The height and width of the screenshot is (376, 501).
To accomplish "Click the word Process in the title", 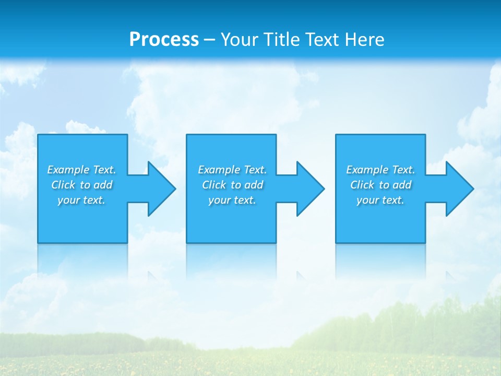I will tap(164, 40).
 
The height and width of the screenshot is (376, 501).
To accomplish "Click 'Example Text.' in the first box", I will tap(81, 170).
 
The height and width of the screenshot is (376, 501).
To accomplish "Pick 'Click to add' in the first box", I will tap(82, 185).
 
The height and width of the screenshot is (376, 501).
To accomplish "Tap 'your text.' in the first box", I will tap(81, 200).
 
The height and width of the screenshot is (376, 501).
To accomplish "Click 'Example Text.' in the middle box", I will tap(232, 170).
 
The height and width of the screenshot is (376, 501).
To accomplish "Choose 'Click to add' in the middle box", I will tap(233, 185).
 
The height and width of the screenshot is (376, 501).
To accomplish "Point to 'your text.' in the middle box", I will tap(232, 200).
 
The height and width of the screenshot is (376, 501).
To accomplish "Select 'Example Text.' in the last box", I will tap(380, 170).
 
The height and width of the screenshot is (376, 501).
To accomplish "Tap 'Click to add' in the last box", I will tap(381, 185).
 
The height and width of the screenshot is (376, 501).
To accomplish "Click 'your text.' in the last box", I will tap(380, 200).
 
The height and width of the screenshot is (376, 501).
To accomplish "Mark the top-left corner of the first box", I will tap(38, 135).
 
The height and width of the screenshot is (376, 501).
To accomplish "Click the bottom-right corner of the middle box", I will tap(276, 242).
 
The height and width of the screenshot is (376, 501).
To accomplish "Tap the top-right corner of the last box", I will tap(425, 135).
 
